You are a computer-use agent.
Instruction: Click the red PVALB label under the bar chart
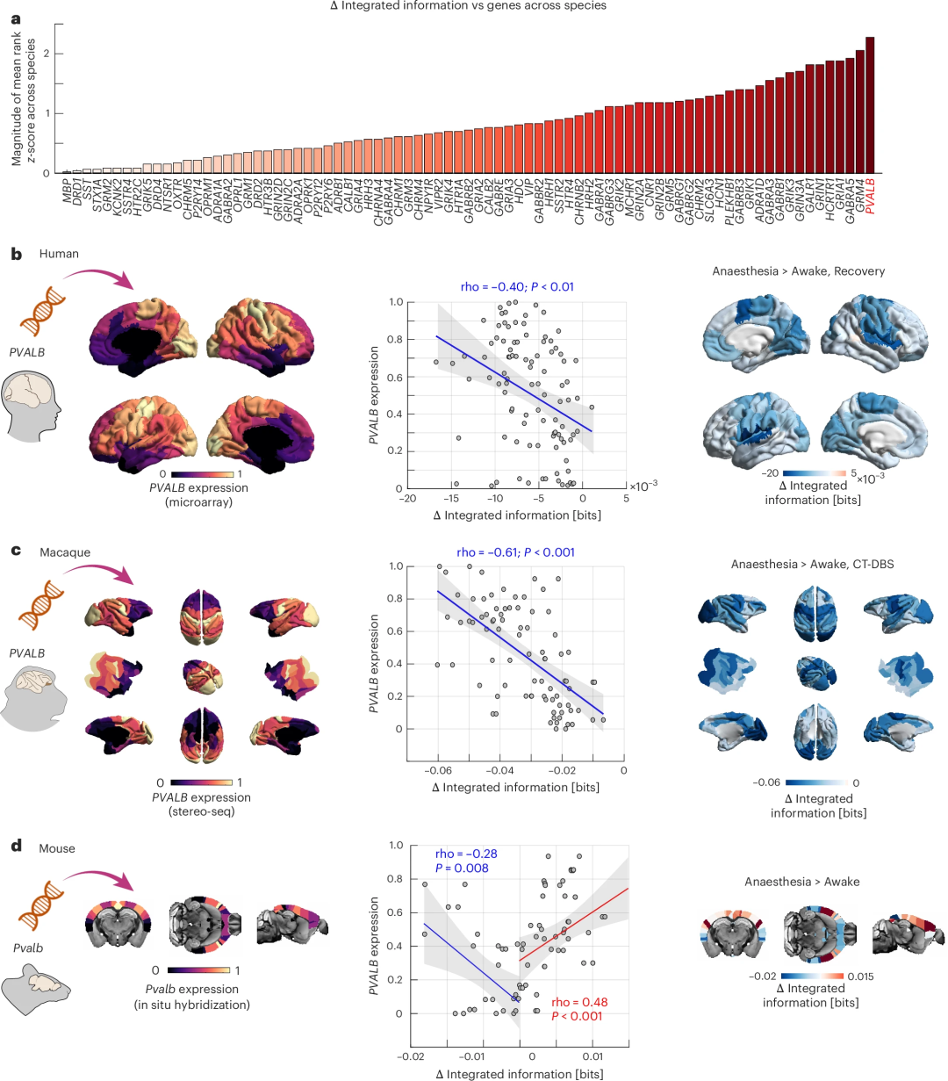click(x=870, y=198)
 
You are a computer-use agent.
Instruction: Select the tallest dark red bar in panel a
click(x=870, y=105)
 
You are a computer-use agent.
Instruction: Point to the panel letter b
click(x=16, y=254)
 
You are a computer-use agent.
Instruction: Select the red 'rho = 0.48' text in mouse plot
click(x=579, y=1002)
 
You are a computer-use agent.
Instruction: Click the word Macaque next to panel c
click(x=65, y=553)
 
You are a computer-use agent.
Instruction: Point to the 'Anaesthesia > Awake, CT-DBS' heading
click(x=812, y=564)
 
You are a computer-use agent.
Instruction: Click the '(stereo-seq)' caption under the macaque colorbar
click(x=201, y=811)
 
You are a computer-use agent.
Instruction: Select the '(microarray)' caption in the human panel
click(x=198, y=501)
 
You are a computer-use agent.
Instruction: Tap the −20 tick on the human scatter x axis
click(x=407, y=499)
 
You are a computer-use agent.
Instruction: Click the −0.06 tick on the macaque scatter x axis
click(x=437, y=771)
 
